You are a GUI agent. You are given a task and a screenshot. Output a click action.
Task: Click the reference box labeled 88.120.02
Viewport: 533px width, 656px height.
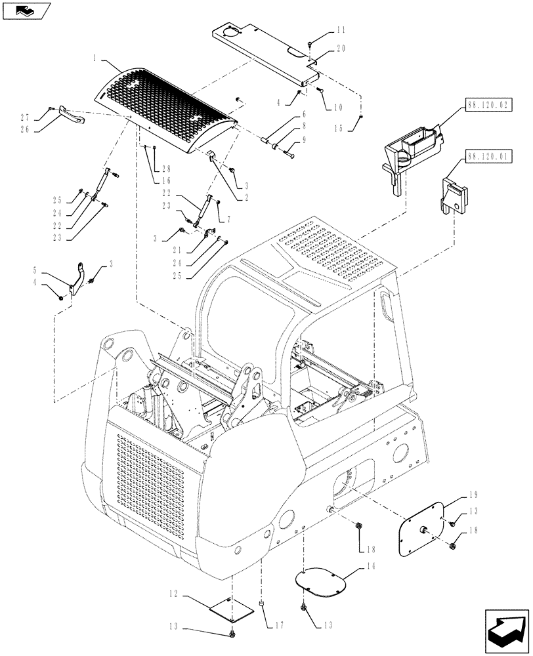(489, 104)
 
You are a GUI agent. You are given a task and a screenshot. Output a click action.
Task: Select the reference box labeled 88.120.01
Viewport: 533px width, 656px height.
(489, 157)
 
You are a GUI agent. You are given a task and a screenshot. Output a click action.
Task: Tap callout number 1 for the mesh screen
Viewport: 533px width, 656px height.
(96, 58)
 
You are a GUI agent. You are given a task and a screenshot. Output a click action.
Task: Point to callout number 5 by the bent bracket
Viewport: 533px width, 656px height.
(34, 270)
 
